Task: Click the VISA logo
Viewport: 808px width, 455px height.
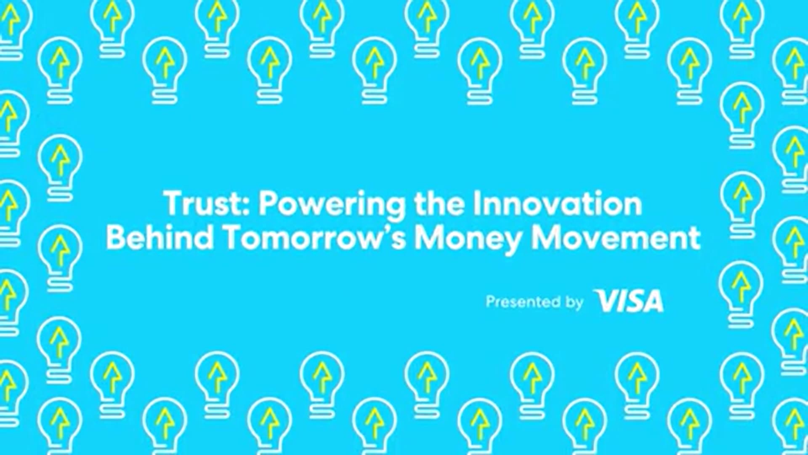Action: pyautogui.click(x=629, y=301)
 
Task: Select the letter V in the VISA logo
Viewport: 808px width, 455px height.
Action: pyautogui.click(x=606, y=301)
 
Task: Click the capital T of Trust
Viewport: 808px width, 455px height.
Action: pyautogui.click(x=173, y=203)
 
